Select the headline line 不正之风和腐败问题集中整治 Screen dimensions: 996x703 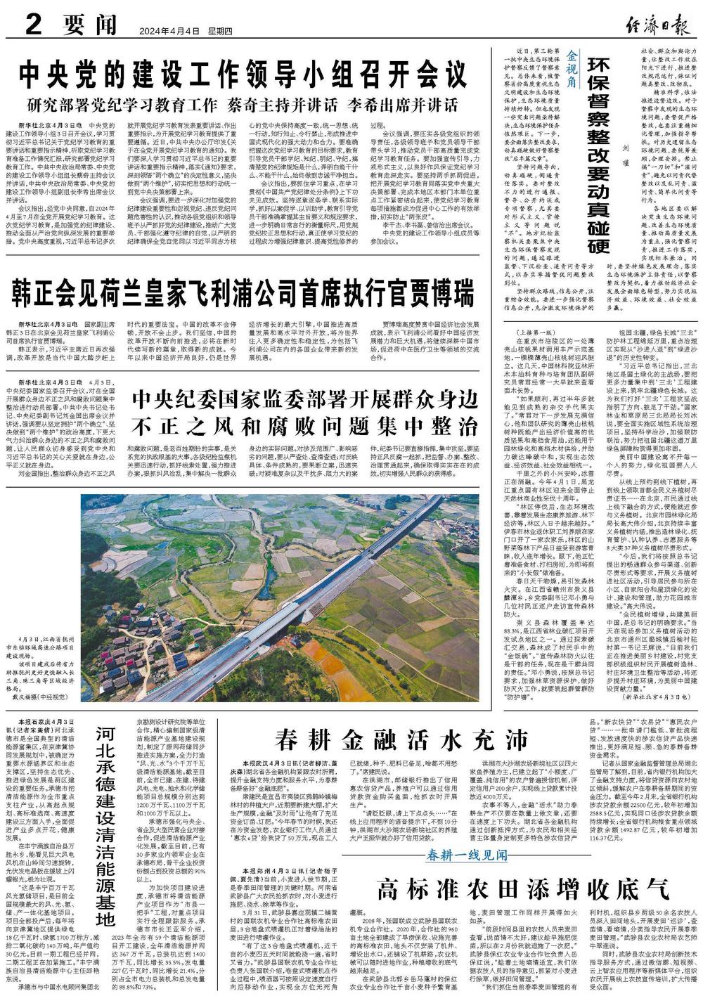click(x=304, y=426)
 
